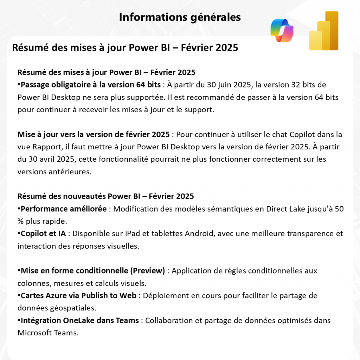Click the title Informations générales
[180, 17]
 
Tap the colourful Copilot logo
[282, 31]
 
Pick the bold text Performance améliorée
[64, 209]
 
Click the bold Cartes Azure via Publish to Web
[78, 296]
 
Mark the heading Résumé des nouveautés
[62, 196]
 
